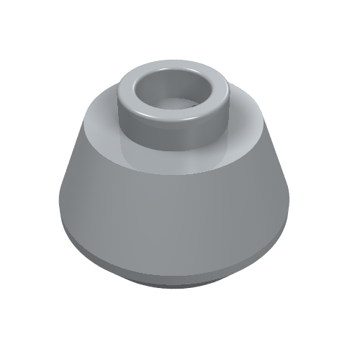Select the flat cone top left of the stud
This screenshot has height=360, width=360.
coord(97,115)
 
